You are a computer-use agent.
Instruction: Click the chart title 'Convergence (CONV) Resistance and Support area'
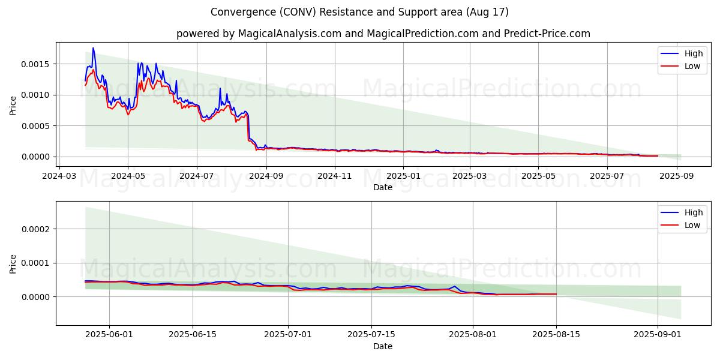(x=359, y=12)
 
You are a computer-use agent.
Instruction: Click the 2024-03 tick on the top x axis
(x=59, y=176)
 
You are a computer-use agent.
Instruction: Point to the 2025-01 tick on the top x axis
(x=403, y=176)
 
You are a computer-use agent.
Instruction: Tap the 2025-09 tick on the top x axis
(x=676, y=176)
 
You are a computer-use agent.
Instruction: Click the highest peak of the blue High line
(x=93, y=48)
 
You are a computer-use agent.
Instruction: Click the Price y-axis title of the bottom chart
(x=13, y=263)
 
